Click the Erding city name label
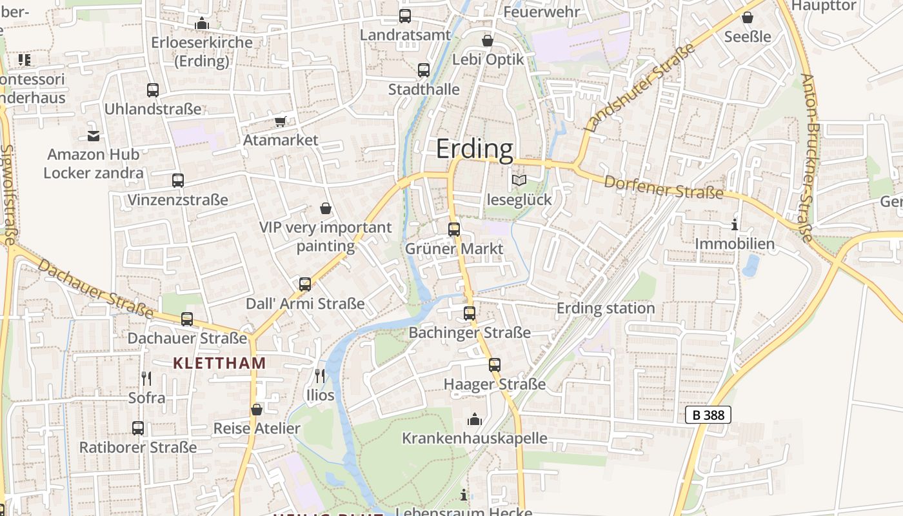(x=475, y=149)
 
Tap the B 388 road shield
(x=708, y=415)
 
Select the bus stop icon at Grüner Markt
(x=454, y=229)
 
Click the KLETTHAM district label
(x=219, y=363)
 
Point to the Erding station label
(x=606, y=308)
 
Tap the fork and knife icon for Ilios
(x=320, y=375)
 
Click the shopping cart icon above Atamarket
(x=280, y=121)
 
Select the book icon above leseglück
(x=519, y=181)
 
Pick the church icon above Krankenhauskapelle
(x=475, y=420)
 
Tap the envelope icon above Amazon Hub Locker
(x=94, y=135)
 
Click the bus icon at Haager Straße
(x=495, y=364)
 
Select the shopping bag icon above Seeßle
(x=747, y=17)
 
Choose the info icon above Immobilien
(x=734, y=225)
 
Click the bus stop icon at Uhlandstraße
(x=153, y=90)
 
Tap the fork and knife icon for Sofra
(x=146, y=378)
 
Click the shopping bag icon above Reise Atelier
(x=257, y=410)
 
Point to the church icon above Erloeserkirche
(x=202, y=23)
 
